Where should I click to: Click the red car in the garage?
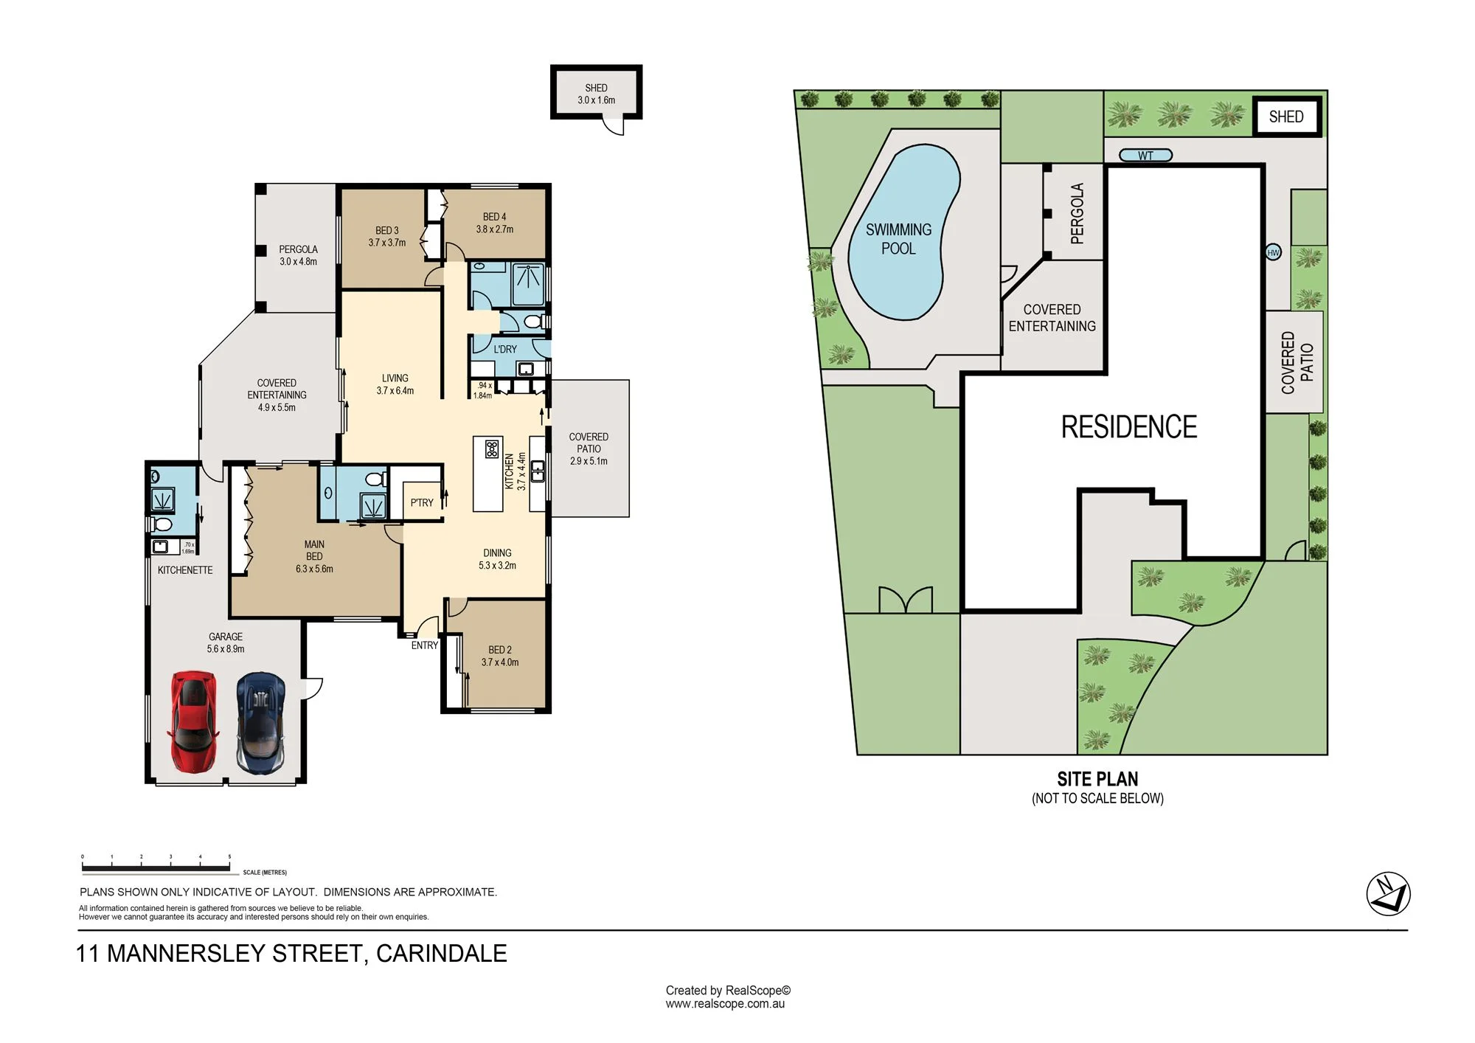[194, 721]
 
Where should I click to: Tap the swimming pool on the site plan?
[903, 232]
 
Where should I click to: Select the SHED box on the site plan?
[1287, 117]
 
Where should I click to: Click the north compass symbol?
[1388, 894]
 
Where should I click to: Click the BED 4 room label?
[494, 217]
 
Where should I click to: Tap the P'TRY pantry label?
[422, 502]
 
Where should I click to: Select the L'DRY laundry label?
[505, 349]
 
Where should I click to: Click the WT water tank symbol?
[1145, 156]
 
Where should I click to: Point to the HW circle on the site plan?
[1273, 252]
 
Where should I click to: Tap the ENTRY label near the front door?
[425, 645]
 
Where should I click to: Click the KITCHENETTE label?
[185, 570]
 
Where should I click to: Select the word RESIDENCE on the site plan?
[1129, 427]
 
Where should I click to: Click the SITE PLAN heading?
[1097, 779]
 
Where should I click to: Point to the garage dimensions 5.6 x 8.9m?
[226, 649]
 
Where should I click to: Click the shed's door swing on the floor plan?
[614, 126]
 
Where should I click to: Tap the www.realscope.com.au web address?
[725, 1004]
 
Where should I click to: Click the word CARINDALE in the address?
[442, 953]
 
